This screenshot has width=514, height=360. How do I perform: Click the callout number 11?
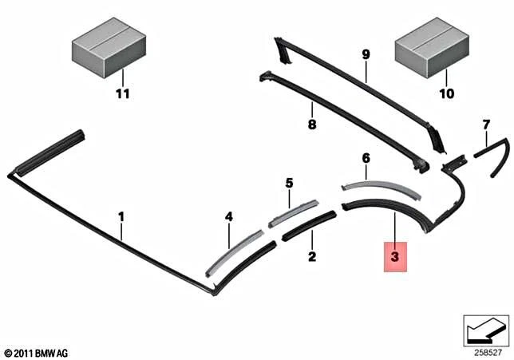coord(123,93)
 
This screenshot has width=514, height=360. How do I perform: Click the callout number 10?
coord(446,93)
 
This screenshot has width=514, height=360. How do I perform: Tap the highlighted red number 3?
coord(395,256)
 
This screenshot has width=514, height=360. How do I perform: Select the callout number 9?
coord(366,54)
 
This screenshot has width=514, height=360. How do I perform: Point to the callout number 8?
coord(312,125)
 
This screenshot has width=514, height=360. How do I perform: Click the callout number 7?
coord(486,125)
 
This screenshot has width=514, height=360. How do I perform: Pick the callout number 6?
coord(366,158)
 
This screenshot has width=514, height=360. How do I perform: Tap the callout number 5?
coord(289,183)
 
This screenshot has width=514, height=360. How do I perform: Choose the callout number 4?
coord(229,216)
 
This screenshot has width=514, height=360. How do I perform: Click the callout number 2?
coord(312,256)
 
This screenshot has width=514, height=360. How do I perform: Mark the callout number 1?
coord(121,217)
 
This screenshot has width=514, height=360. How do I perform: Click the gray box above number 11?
coord(109,48)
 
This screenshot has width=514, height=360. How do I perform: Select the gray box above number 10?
coord(432,48)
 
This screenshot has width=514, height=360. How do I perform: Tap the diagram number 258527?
coord(488,353)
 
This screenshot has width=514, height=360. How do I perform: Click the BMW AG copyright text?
coord(37,354)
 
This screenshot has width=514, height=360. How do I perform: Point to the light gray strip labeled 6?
coord(380,188)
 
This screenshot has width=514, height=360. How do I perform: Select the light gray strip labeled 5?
coord(294,213)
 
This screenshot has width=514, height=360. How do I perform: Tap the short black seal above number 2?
coord(308,225)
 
